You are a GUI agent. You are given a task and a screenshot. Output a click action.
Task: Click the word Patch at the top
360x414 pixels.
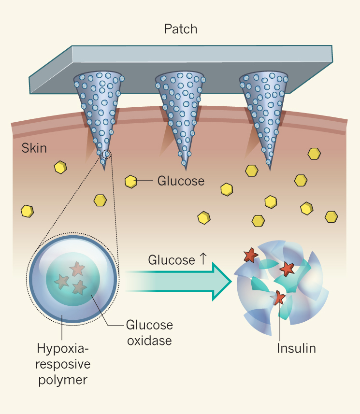180,29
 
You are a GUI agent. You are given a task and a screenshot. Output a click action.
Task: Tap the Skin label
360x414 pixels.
34,148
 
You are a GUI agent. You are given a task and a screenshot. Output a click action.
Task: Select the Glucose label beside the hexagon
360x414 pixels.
181,181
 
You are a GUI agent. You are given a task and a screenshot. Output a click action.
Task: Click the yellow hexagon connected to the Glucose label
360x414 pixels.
130,182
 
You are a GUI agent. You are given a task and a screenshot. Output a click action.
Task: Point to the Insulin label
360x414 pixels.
296,348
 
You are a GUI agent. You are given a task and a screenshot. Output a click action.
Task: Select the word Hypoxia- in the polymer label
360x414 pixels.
63,348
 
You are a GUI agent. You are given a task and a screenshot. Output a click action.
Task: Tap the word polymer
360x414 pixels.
62,379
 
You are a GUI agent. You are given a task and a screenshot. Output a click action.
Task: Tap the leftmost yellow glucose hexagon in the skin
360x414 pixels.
27,211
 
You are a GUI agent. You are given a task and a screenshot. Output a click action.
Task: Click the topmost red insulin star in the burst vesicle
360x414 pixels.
251,255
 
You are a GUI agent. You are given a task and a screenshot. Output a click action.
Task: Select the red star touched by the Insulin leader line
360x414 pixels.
279,298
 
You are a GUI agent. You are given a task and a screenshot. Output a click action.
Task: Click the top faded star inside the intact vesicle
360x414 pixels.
76,267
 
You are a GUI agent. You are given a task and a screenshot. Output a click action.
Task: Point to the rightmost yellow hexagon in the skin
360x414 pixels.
331,216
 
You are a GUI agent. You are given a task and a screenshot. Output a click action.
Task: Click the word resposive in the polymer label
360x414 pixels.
63,364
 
